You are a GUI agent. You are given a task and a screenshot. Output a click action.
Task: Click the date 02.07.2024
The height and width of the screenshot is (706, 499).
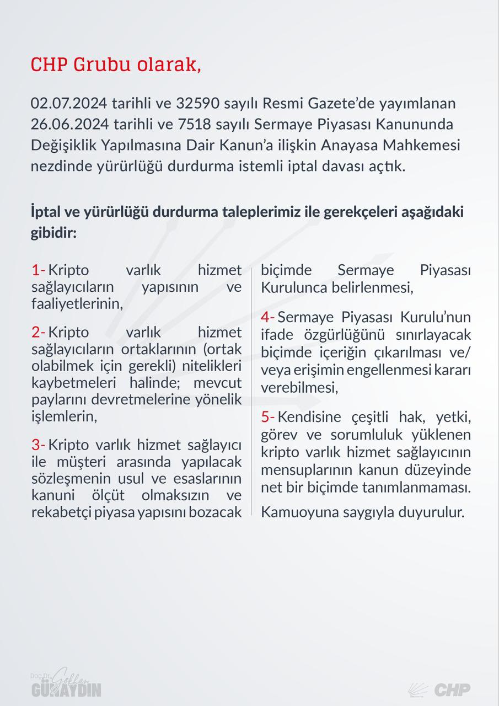(x=69, y=104)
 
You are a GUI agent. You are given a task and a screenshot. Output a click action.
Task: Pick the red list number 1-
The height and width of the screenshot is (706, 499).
(x=38, y=270)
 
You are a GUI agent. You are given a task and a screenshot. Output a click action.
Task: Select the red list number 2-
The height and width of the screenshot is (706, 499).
(x=38, y=332)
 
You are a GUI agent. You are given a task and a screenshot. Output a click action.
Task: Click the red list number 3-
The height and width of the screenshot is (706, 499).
(x=38, y=445)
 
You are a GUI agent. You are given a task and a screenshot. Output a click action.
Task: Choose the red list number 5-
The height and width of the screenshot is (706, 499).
(x=267, y=416)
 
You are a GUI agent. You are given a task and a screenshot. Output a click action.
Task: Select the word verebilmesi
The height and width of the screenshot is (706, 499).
(x=298, y=387)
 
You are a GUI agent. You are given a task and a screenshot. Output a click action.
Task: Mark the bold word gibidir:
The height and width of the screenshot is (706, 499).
(x=53, y=233)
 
